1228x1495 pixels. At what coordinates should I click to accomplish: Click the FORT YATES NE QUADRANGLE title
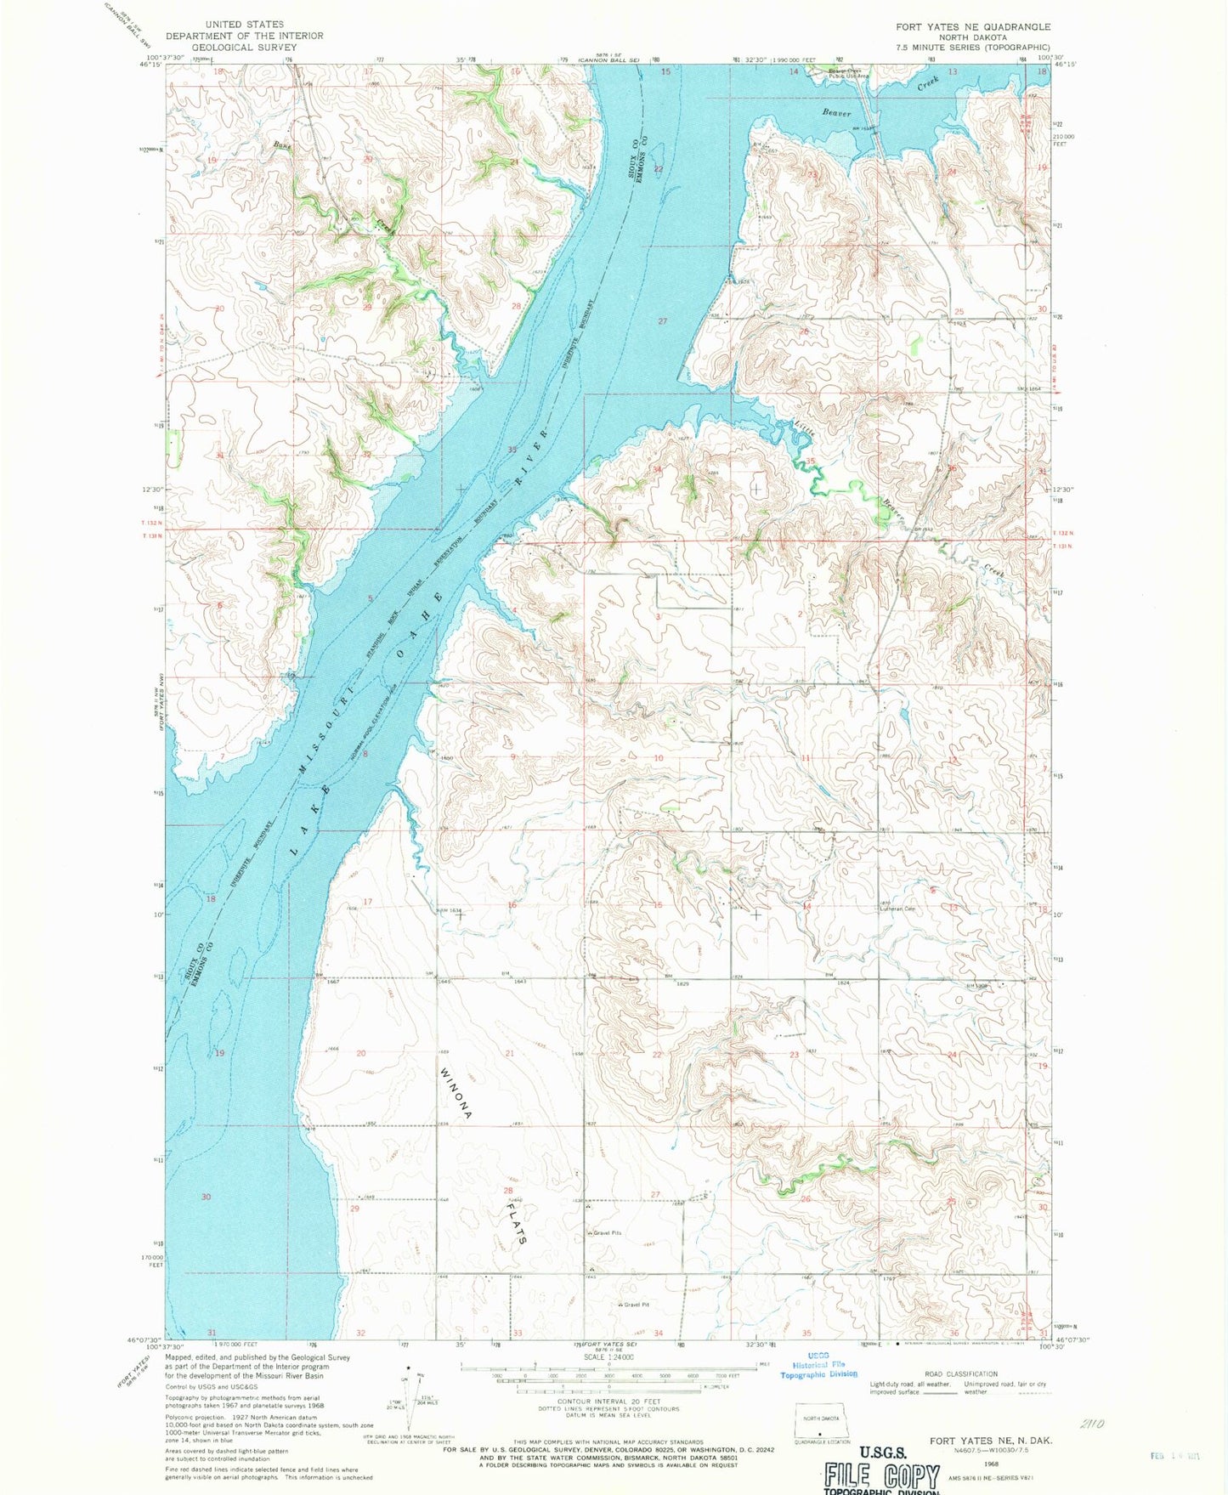point(972,27)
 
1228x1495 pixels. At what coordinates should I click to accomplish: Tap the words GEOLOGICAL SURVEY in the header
point(244,48)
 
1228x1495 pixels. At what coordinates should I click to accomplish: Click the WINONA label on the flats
point(456,1092)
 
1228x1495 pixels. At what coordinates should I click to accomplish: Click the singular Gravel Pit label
point(636,1305)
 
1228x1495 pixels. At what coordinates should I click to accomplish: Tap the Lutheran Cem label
point(897,909)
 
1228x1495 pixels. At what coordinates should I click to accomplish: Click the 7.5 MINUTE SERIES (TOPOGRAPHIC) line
point(972,48)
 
